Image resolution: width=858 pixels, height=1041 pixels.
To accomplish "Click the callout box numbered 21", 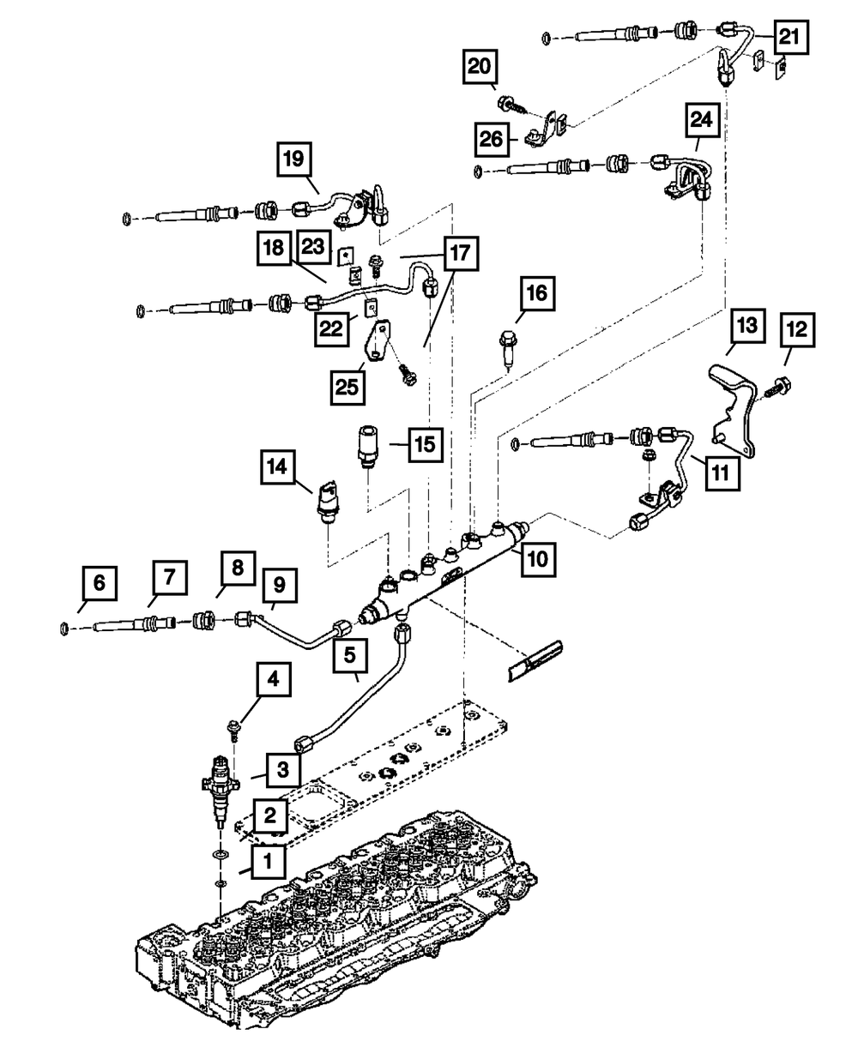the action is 791,37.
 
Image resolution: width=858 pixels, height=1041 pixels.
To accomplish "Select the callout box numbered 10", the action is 538,559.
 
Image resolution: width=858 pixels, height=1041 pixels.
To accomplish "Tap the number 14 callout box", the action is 277,467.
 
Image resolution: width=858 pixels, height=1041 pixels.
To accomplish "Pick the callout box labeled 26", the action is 492,139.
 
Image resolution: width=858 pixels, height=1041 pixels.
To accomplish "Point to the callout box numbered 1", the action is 269,861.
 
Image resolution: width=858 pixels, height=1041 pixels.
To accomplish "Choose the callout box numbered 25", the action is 347,387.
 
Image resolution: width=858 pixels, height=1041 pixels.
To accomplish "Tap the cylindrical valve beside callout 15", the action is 368,446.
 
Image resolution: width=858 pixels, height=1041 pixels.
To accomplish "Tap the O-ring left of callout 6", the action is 64,629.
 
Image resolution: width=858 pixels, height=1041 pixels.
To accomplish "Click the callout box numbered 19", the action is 294,159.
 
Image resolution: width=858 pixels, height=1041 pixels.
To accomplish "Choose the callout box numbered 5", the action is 350,656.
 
